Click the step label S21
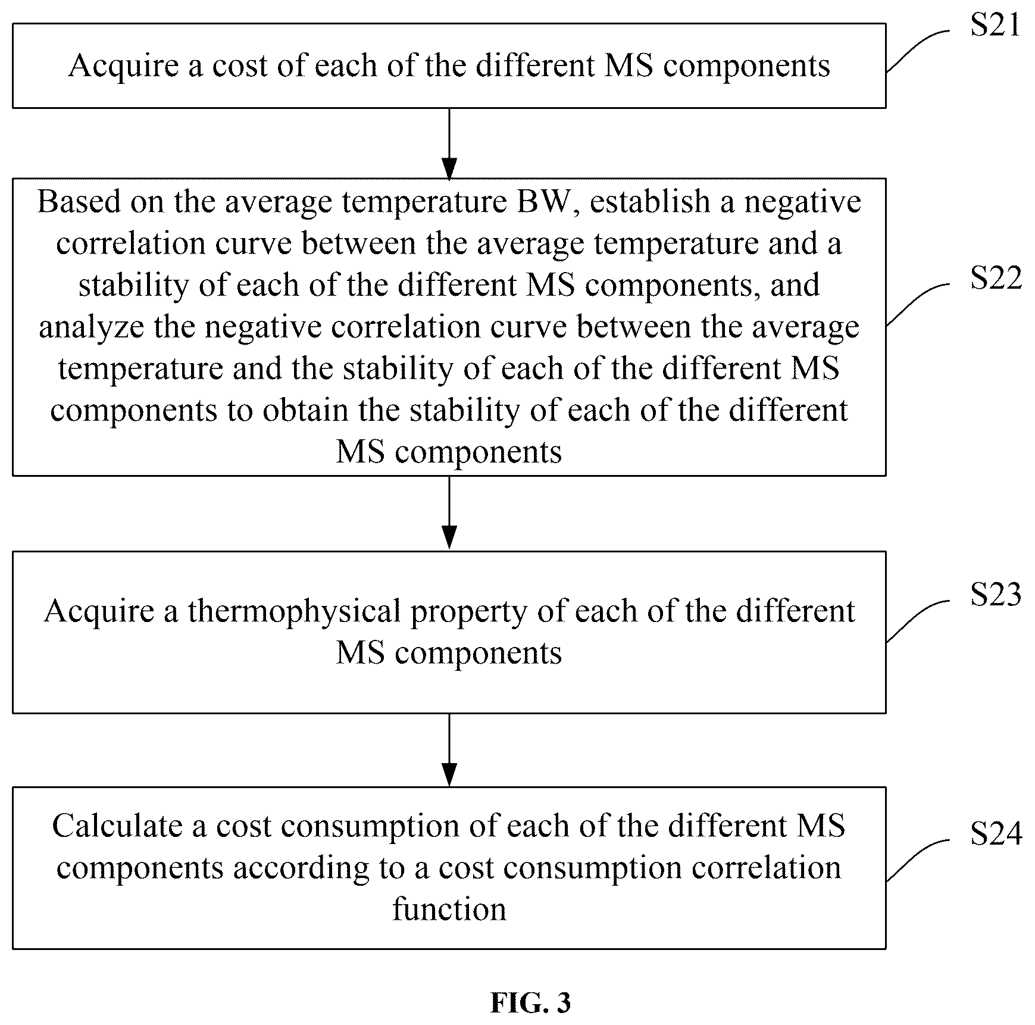[x=995, y=26]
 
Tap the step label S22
[x=996, y=279]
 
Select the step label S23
[x=996, y=595]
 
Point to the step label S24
[x=996, y=833]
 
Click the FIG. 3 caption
[x=530, y=1003]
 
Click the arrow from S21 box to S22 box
[x=449, y=143]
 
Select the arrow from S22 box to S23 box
[x=449, y=512]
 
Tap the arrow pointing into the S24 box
[x=449, y=749]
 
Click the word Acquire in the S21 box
[x=124, y=67]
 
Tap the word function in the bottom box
[x=449, y=910]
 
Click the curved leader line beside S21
[x=918, y=50]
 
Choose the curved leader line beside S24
[x=918, y=860]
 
